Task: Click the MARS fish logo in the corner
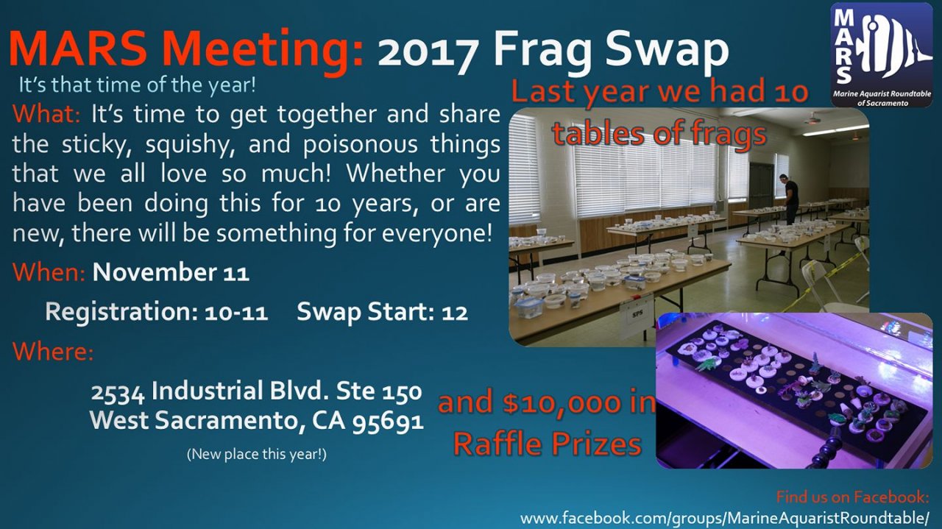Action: [881, 54]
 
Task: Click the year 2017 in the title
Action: [428, 52]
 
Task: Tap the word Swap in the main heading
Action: [667, 52]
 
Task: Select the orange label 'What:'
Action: [46, 114]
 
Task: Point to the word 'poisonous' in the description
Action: [361, 144]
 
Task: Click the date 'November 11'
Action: [171, 272]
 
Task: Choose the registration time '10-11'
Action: [236, 313]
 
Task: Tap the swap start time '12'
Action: [455, 313]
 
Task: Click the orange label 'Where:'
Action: [53, 351]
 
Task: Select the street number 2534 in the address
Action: [118, 392]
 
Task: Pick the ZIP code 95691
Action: [387, 421]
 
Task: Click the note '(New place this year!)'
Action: [257, 455]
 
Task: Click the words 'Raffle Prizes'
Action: [547, 444]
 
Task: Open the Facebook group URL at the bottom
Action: [724, 518]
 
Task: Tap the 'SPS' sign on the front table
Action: [637, 313]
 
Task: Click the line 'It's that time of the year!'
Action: [137, 85]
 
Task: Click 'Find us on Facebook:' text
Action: [852, 497]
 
